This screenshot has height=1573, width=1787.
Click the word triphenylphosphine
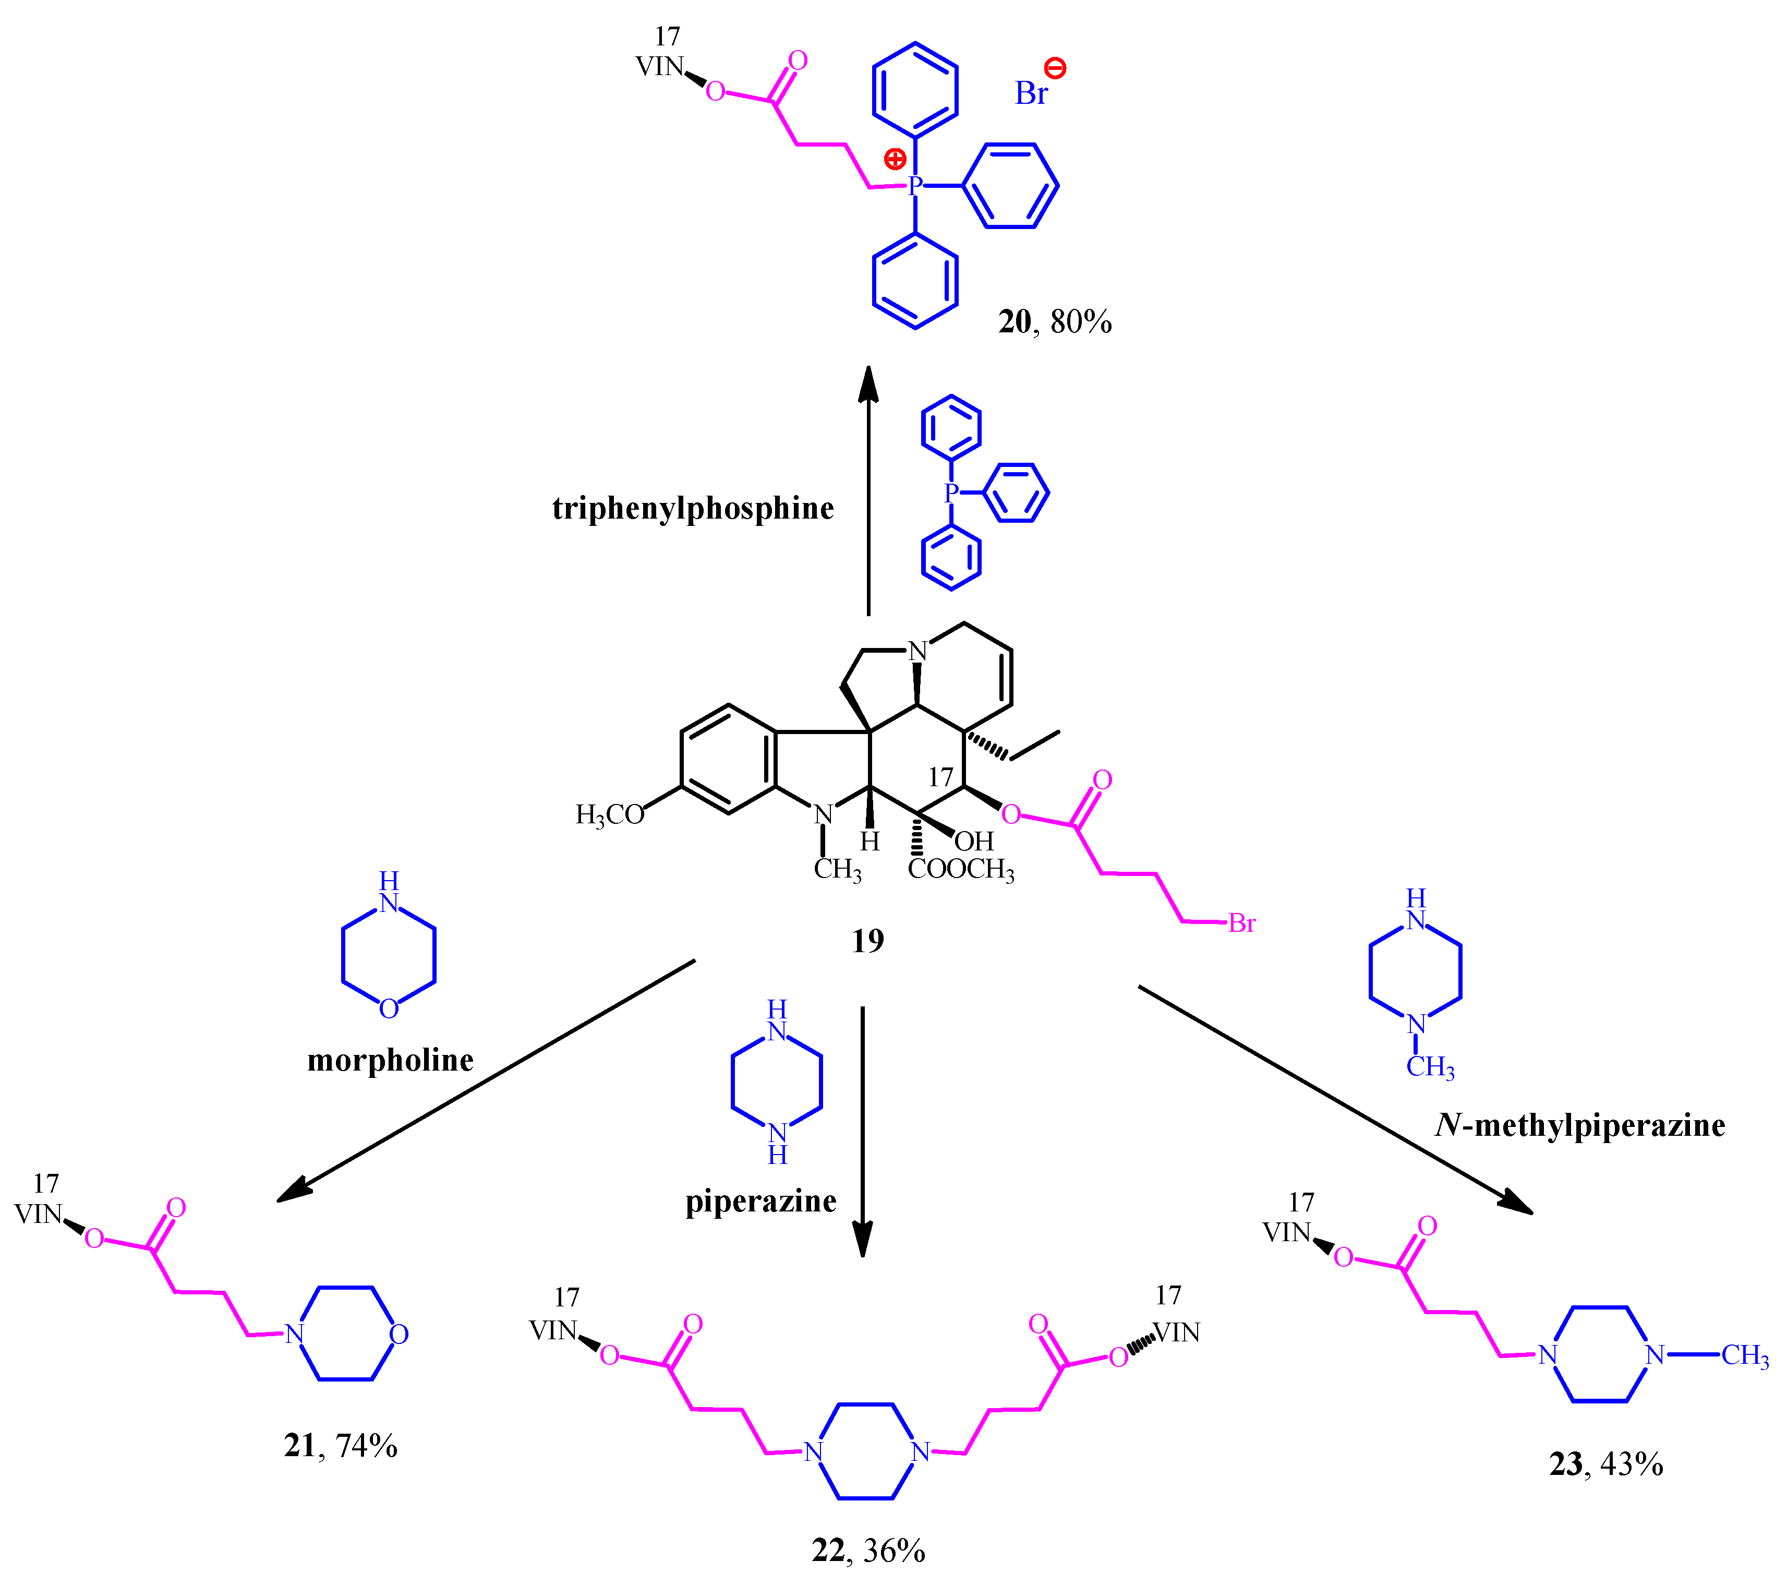pyautogui.click(x=692, y=509)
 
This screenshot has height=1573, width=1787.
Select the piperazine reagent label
pyautogui.click(x=760, y=1202)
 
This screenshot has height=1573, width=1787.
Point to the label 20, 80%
pyautogui.click(x=1054, y=322)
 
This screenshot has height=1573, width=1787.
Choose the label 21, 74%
pyautogui.click(x=340, y=1446)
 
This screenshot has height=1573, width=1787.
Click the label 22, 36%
pyautogui.click(x=867, y=1550)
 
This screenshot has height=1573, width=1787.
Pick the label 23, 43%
pyautogui.click(x=1605, y=1464)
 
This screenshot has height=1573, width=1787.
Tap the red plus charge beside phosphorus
pyautogui.click(x=895, y=159)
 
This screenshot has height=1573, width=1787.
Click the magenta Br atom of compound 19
pyautogui.click(x=1241, y=923)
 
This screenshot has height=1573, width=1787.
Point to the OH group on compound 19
pyautogui.click(x=974, y=841)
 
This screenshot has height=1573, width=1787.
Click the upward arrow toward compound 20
pyautogui.click(x=868, y=490)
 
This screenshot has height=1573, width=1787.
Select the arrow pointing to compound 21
pyautogui.click(x=485, y=1080)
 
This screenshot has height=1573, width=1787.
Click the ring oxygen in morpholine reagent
pyautogui.click(x=389, y=1009)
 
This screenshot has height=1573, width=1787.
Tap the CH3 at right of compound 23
pyautogui.click(x=1744, y=1356)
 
